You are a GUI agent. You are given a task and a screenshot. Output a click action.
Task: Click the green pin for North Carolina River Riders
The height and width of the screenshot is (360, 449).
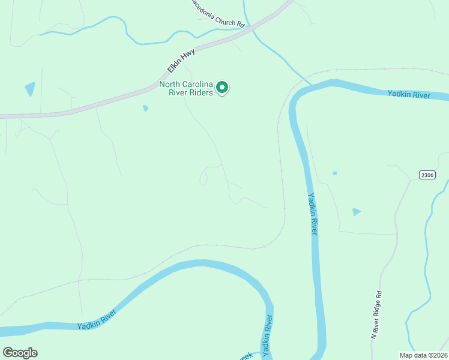222,88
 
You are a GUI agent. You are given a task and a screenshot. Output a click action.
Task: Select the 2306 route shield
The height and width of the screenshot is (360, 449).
427,175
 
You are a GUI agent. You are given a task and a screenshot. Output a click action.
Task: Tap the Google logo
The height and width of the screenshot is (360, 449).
20,353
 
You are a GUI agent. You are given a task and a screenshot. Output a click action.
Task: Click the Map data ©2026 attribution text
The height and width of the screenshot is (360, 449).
423,355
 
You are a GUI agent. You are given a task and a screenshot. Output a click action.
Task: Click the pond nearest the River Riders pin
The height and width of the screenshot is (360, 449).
145,108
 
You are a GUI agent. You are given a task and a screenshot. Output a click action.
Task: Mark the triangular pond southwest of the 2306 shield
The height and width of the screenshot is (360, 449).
357,212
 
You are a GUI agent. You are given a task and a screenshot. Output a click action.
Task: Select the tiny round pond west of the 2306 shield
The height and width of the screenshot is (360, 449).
335,173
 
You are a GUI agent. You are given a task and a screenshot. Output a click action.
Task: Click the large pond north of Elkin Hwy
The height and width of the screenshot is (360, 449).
30,89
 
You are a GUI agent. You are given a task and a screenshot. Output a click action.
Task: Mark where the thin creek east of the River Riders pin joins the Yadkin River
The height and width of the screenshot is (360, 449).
309,84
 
